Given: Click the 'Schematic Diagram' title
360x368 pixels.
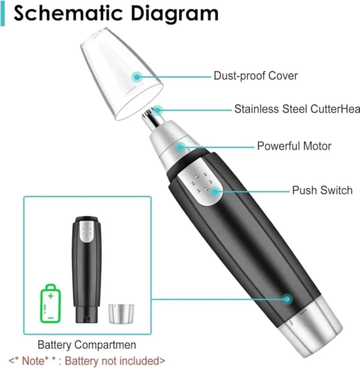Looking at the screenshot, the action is click(x=116, y=14).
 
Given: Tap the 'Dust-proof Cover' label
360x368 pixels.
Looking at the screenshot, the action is click(x=255, y=76).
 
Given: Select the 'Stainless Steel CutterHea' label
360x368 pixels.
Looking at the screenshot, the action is click(x=297, y=109).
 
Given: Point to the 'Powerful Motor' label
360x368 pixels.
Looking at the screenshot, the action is click(x=294, y=146).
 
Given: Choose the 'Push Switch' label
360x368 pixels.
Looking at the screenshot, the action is click(x=322, y=190).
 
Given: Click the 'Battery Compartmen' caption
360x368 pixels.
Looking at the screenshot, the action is click(x=87, y=345).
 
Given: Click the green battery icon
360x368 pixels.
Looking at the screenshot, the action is click(x=51, y=304).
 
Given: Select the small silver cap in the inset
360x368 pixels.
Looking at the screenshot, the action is click(x=121, y=314).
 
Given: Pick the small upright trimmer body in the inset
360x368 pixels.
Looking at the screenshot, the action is click(x=87, y=269).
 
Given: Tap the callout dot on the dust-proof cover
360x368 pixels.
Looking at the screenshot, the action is click(x=137, y=77).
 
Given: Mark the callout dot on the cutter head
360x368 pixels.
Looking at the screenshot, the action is click(x=158, y=110).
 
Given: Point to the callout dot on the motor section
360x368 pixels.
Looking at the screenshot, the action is click(x=180, y=148).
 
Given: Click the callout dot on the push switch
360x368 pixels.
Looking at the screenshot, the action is click(x=215, y=192).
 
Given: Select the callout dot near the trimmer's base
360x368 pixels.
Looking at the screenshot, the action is click(x=287, y=299).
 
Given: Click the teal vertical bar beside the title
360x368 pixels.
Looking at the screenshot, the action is click(x=3, y=13).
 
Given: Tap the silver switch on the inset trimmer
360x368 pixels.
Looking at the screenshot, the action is click(x=87, y=231).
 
